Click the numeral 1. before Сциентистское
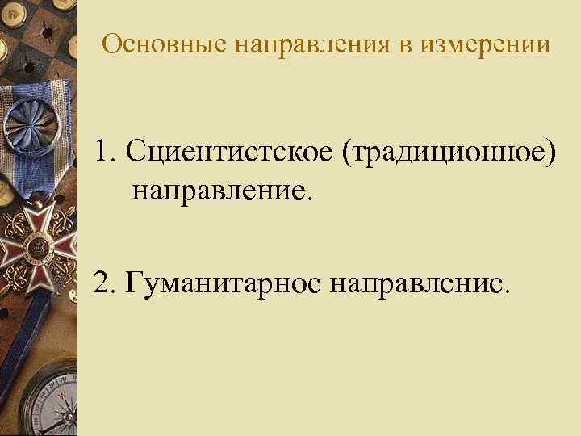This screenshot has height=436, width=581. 105,152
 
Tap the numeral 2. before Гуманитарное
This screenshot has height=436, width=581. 105,283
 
